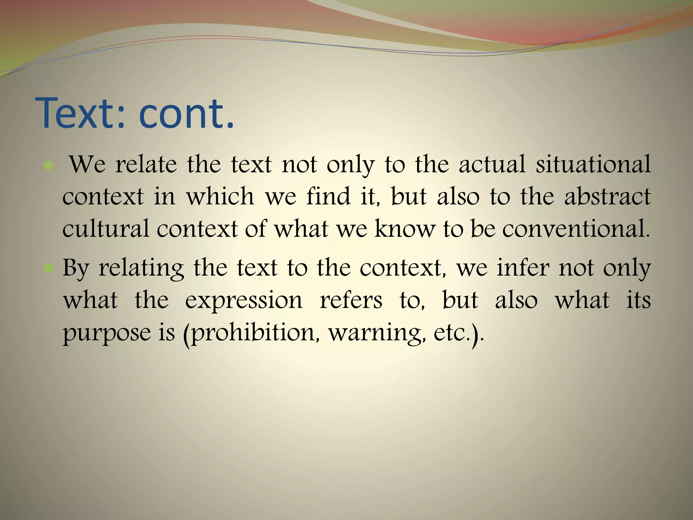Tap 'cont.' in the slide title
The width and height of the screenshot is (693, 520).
coord(186,114)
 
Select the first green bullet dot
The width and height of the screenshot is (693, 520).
coord(49,166)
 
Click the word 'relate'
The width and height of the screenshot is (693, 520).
coord(146,165)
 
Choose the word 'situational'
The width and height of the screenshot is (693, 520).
coord(593,165)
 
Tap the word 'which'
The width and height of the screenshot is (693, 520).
coord(220,197)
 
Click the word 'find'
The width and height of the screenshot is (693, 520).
coord(328,197)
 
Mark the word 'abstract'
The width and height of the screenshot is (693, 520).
coord(607,197)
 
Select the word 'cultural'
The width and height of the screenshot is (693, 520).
coord(106,229)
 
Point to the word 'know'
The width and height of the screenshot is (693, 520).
coord(404,229)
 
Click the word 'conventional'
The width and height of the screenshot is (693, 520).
coord(575,229)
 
